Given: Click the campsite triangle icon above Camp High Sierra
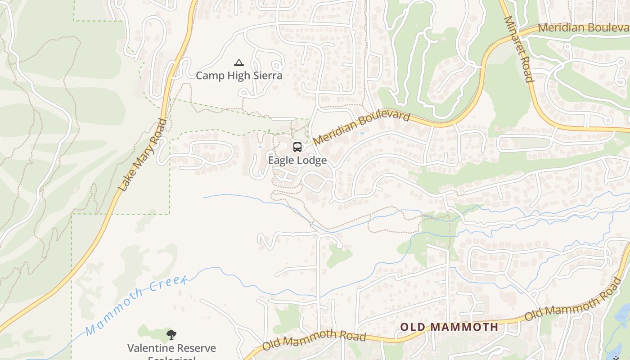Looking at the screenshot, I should tap(239, 63).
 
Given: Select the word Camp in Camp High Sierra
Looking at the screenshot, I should tap(210, 76).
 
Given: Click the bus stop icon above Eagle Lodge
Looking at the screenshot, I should tap(297, 147).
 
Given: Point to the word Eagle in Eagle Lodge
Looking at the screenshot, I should tap(282, 161).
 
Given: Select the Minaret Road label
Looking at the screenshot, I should tap(518, 49).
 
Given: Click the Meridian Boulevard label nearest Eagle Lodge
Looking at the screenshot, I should tap(362, 129).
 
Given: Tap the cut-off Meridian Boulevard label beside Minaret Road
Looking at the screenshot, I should tap(583, 28).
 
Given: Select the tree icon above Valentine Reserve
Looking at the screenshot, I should tap(171, 335).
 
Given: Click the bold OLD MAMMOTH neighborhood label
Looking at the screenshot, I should tap(449, 327).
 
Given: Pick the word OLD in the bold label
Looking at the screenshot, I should tap(412, 327).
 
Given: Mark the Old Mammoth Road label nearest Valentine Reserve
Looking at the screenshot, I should tap(314, 340).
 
